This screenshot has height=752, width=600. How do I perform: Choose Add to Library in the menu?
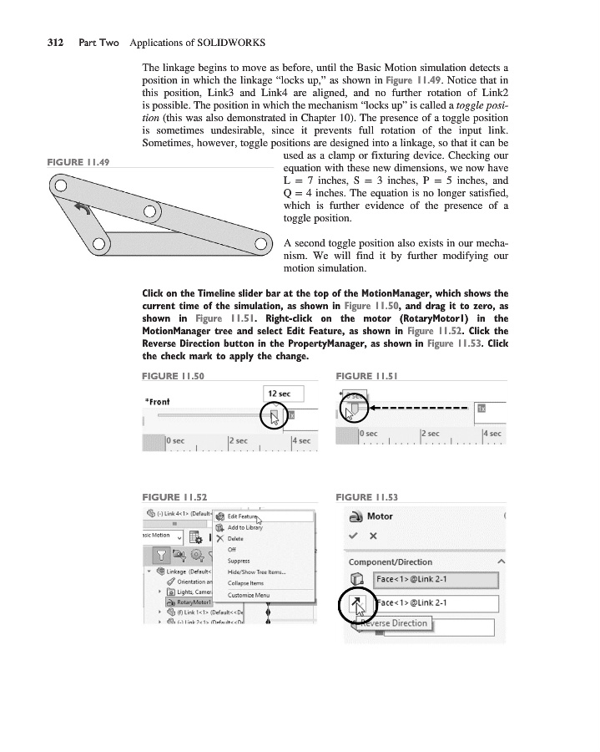(x=245, y=528)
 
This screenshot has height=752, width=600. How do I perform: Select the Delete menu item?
(x=235, y=539)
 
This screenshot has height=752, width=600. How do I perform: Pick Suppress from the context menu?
(x=238, y=561)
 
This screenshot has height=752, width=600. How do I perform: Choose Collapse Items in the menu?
(x=245, y=583)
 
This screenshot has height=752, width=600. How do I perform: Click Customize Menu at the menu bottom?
(x=249, y=595)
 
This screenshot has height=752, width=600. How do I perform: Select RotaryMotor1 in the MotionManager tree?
(x=187, y=602)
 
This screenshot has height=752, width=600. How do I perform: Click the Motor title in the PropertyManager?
(x=380, y=516)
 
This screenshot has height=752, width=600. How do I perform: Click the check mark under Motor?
(x=354, y=536)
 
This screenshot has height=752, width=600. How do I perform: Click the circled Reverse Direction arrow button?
(x=356, y=603)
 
